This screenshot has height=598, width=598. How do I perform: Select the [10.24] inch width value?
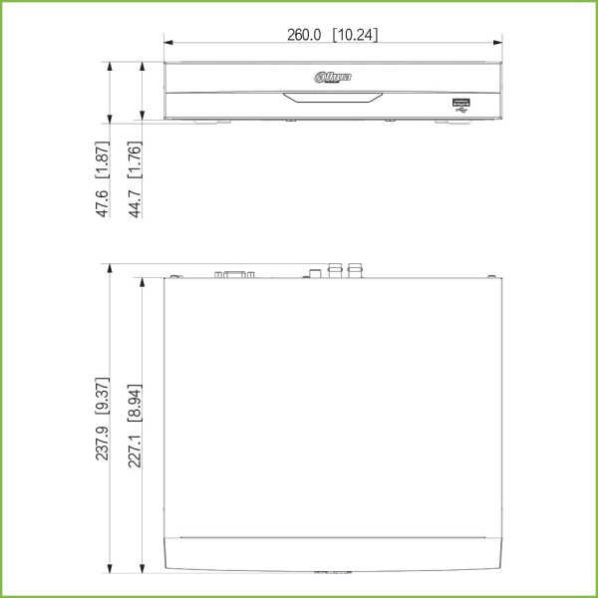point(356,35)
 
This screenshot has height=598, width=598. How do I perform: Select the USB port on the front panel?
point(461,102)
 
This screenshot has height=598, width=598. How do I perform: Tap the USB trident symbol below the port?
point(461,111)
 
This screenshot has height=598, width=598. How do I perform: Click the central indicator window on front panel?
point(332,99)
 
